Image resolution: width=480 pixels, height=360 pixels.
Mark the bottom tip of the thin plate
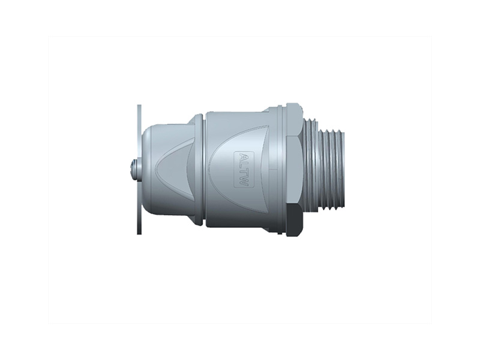click(140, 233)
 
